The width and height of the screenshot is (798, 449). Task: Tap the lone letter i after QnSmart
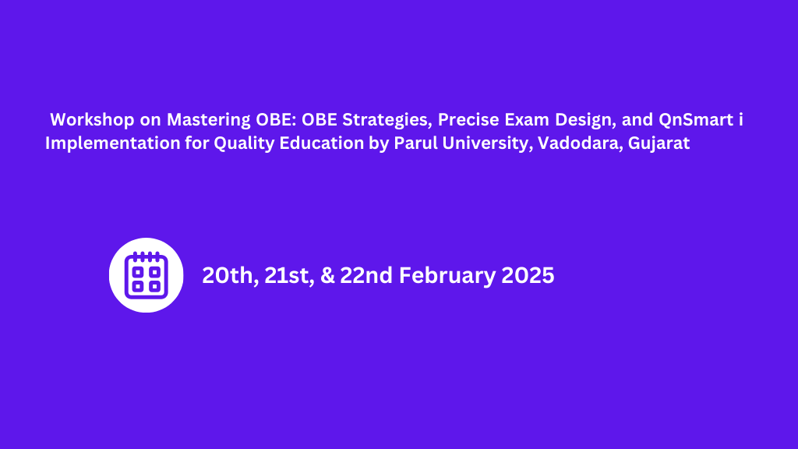click(741, 120)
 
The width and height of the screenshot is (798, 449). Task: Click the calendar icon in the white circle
click(147, 275)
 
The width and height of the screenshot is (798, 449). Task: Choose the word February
click(448, 276)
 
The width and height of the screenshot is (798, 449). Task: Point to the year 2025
click(528, 276)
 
